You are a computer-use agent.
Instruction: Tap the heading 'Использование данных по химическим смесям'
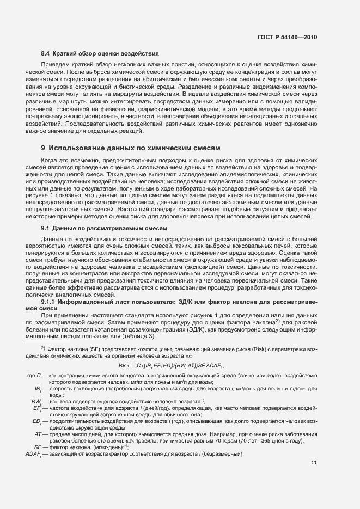pyautogui.click(x=134, y=148)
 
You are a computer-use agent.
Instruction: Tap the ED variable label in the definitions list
pyautogui.click(x=38, y=421)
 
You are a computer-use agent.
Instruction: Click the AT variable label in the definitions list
pyautogui.click(x=38, y=434)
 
